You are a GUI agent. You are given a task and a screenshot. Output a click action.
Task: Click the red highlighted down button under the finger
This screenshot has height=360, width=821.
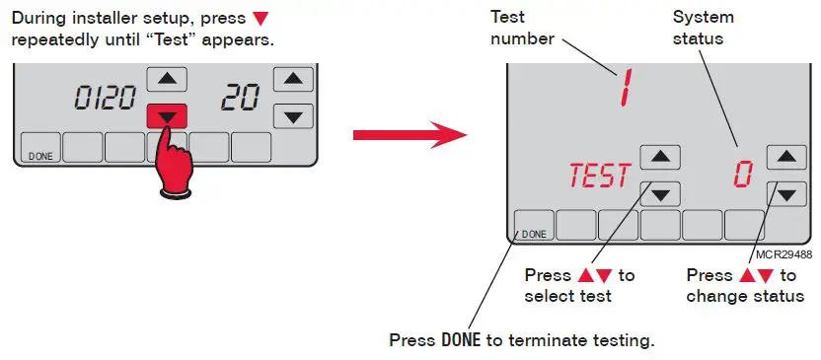pos(167,115)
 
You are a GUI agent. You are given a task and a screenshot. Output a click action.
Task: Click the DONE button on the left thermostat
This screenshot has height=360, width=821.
pos(40,149)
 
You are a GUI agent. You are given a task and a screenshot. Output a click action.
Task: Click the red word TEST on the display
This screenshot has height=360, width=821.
pos(598,176)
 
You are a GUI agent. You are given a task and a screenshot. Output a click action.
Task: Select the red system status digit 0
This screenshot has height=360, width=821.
pos(741,175)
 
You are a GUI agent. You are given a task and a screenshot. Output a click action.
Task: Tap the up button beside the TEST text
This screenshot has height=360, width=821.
pos(660,157)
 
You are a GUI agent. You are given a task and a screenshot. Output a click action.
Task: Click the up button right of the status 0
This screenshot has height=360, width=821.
pos(785,157)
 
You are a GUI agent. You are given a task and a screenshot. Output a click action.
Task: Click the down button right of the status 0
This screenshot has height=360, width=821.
pos(785,194)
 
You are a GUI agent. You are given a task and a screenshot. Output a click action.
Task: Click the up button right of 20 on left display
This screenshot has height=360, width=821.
pos(292,80)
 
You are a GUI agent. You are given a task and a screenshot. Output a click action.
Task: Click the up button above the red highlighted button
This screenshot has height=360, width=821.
pos(167,80)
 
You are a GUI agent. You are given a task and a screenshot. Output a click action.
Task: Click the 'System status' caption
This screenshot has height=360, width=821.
pos(699,29)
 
